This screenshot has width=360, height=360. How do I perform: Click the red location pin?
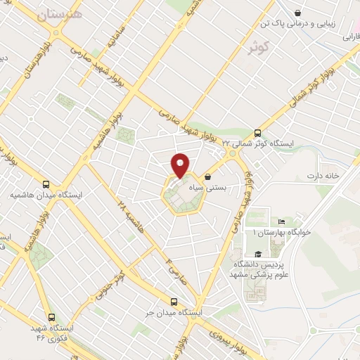click(181, 165)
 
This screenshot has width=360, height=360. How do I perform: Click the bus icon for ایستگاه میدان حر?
click(175, 299)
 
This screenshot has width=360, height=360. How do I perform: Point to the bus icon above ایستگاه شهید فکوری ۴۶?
click(50, 317)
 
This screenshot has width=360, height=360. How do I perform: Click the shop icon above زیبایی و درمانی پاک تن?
click(299, 12)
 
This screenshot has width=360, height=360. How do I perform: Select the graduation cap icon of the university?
click(258, 255)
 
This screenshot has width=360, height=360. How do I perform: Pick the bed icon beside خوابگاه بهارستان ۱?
click(282, 221)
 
